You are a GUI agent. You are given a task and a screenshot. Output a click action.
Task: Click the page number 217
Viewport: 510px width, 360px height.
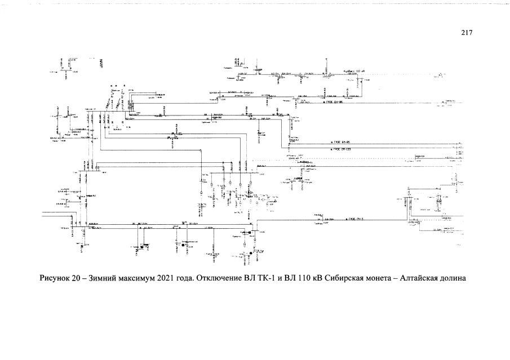[465, 32]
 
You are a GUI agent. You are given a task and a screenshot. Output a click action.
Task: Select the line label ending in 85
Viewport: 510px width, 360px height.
[341, 143]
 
